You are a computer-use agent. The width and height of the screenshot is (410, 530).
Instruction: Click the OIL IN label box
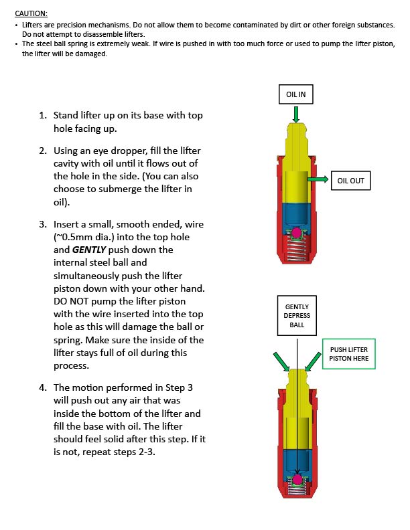click(295, 95)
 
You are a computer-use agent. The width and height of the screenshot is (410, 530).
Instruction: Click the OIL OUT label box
click(351, 180)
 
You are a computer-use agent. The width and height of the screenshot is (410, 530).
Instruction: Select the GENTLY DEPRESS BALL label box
click(297, 316)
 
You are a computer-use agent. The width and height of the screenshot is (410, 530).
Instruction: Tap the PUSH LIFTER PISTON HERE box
click(349, 354)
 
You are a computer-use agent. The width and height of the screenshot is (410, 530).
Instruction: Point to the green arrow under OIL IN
click(295, 114)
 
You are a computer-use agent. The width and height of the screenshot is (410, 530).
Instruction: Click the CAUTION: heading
click(31, 13)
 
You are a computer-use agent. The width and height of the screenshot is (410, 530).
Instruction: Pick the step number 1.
click(43, 115)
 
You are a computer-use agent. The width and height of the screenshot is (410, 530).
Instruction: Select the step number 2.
click(43, 151)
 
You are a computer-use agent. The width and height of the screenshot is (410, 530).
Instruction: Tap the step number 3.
click(43, 224)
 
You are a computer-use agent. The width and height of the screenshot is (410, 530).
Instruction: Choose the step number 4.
click(43, 387)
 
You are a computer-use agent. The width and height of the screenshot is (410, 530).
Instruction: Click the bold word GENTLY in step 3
click(90, 250)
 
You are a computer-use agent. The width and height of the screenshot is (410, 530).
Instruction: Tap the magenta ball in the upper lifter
click(295, 233)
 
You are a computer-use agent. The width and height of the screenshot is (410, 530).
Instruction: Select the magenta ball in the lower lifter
click(295, 480)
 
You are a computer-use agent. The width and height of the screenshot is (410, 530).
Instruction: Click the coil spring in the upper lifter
click(295, 251)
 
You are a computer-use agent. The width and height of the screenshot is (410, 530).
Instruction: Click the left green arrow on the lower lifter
click(281, 362)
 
